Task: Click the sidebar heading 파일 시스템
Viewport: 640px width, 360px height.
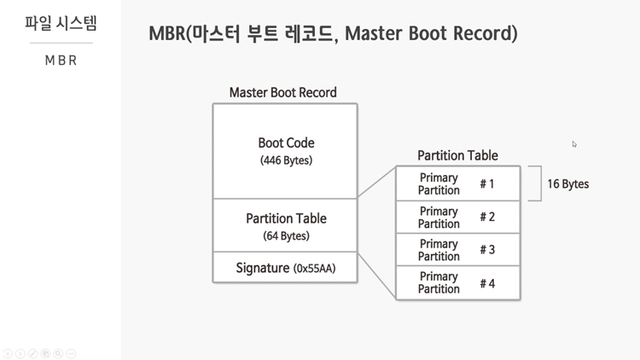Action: pos(61,23)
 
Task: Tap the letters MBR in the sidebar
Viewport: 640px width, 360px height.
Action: pos(61,61)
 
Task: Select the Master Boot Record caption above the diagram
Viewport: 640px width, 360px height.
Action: pos(282,92)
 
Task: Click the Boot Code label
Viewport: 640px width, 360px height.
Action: pos(286,142)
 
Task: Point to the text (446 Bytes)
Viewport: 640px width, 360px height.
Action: pos(286,160)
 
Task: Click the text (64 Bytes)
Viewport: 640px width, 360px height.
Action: pos(286,235)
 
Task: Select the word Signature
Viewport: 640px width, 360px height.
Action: pos(263,268)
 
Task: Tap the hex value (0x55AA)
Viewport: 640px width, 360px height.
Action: pos(314,268)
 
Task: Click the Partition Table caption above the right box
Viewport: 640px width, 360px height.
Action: pos(457,155)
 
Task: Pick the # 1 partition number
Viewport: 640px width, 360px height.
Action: pos(487,184)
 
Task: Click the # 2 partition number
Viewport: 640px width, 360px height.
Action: pos(487,217)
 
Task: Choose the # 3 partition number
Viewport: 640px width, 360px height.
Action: pos(487,249)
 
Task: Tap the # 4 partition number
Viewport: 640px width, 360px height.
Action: pos(487,283)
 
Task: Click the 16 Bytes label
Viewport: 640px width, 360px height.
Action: pos(567,184)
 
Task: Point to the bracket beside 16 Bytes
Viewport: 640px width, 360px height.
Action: pos(541,183)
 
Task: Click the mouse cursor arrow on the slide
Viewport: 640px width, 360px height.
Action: pos(574,143)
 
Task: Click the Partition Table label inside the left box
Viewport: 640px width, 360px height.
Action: pos(286,218)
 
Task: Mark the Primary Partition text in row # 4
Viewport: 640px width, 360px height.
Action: pos(439,283)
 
